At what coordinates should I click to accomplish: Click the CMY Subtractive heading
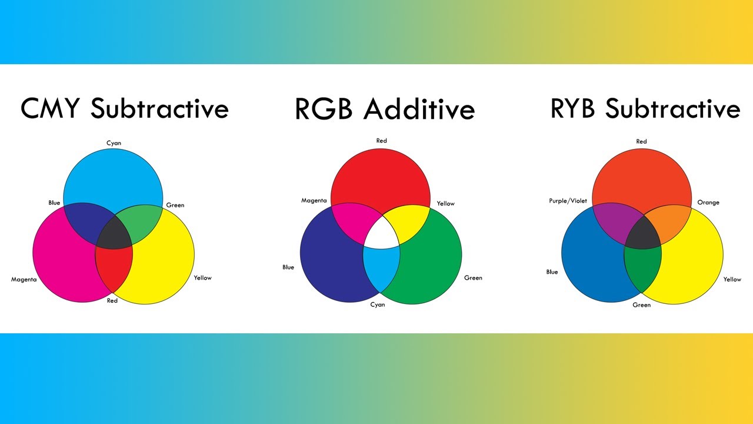point(124,108)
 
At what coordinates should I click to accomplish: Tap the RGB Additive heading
point(385,109)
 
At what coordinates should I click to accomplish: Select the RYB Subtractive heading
point(645,108)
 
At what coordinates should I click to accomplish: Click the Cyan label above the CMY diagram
point(114,143)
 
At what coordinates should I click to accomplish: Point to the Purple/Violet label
point(568,201)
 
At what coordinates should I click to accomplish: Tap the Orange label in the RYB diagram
point(708,202)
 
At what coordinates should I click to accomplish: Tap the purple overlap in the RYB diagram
point(616,222)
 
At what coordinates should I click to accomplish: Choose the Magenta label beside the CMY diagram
point(24,280)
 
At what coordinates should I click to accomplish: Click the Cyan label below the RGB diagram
point(378,304)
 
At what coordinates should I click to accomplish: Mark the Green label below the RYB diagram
point(642,305)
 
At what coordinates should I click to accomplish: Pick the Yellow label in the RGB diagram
point(446,204)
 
